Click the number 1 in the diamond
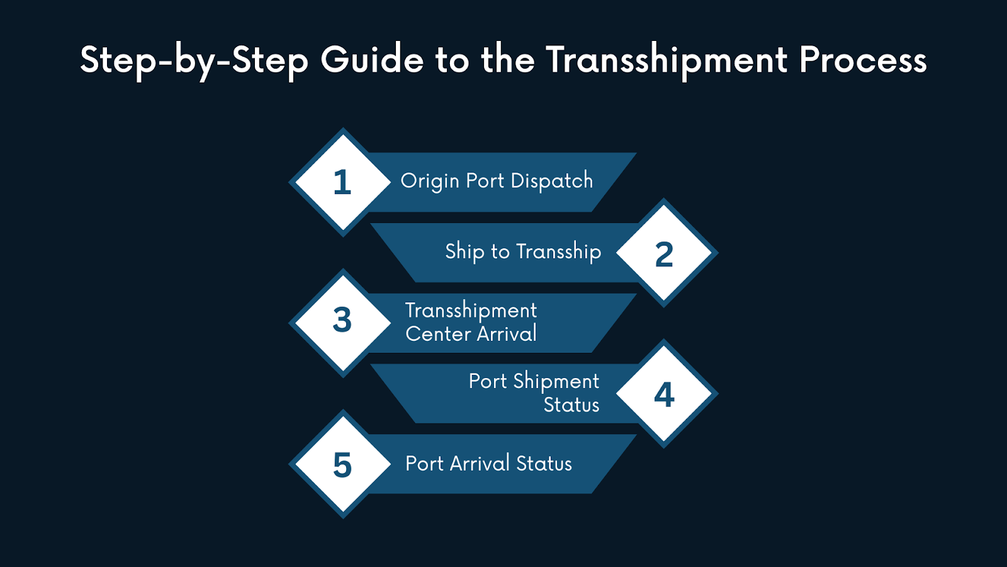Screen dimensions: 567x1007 point(342,183)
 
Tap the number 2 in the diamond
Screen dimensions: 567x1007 point(664,255)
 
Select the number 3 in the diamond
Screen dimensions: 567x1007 point(342,320)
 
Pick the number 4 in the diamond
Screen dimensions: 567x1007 point(664,395)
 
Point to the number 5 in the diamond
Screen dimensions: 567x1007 point(342,466)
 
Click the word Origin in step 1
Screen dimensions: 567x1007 point(430,181)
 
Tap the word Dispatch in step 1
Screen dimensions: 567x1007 point(551,181)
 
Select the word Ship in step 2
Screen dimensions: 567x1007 point(464,252)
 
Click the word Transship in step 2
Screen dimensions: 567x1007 point(558,252)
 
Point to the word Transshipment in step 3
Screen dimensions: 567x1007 point(471,311)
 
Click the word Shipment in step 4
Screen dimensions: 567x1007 point(556,382)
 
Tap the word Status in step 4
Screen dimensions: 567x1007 point(571,404)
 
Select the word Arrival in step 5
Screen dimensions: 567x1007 point(479,464)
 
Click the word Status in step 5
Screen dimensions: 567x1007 point(544,464)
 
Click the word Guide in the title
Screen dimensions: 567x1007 point(372,60)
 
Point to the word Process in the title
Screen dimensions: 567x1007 point(863,60)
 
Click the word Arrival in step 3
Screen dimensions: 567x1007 point(507,334)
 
